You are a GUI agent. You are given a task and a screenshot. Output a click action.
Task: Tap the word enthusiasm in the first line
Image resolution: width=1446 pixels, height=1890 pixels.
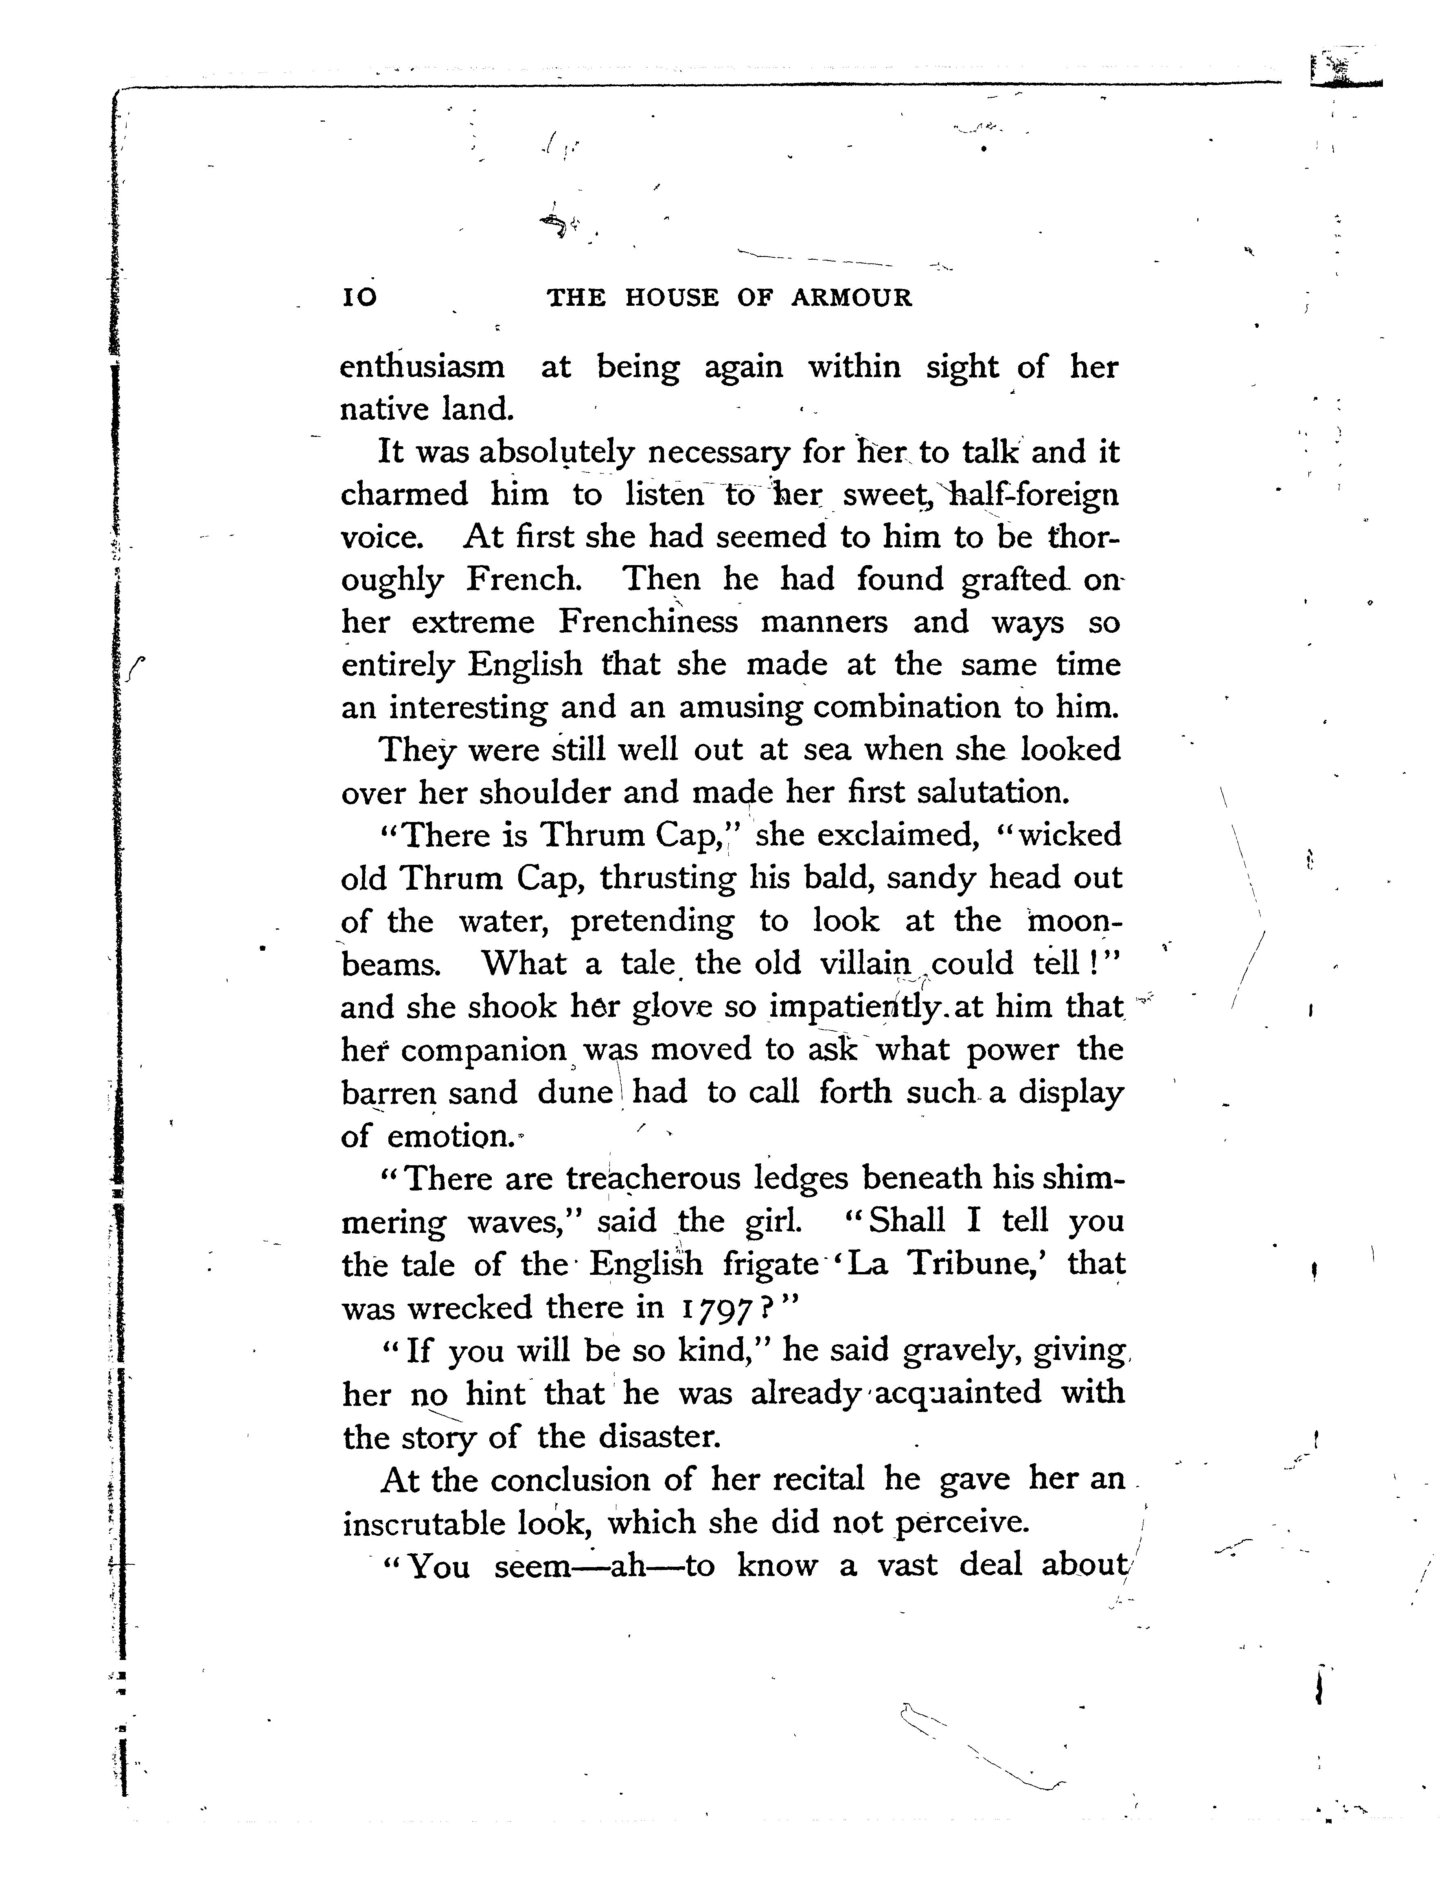(x=423, y=368)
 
